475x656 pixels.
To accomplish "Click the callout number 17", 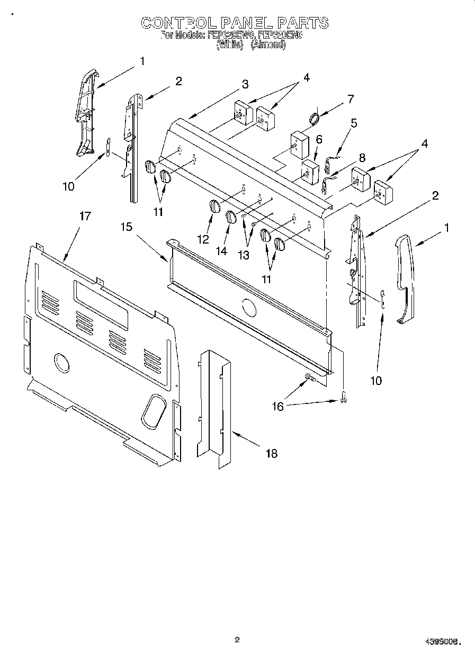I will (x=85, y=216).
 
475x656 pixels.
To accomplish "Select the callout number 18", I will (x=271, y=453).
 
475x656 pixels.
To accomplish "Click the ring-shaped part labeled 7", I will (x=314, y=118).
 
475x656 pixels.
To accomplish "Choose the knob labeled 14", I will (x=231, y=217).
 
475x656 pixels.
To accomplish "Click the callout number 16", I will (x=277, y=406).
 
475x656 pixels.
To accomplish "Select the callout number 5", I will (x=354, y=123).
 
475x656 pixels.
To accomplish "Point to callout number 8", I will (x=362, y=157).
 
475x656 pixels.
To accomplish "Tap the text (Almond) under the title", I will (x=268, y=45).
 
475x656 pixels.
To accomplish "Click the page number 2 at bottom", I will (x=237, y=640).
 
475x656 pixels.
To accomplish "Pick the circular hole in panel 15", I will (x=247, y=307).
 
